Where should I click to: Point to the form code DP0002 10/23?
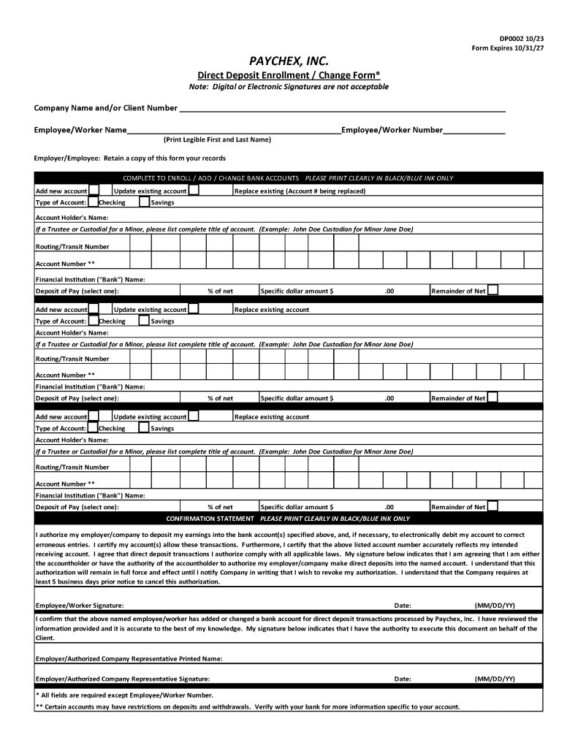(522, 39)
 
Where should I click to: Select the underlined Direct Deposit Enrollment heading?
(289, 75)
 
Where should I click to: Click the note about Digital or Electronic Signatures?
(289, 87)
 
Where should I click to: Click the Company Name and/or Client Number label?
(105, 108)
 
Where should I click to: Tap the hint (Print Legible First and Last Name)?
(217, 140)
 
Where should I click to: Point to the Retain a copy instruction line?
(130, 158)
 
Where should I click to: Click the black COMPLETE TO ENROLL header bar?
(288, 178)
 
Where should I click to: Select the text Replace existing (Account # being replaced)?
(300, 191)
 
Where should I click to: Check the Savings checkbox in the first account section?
(144, 202)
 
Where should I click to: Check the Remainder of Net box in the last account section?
(493, 506)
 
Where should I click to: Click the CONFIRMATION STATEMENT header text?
(210, 519)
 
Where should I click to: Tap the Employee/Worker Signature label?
(80, 606)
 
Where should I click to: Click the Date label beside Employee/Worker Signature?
(403, 606)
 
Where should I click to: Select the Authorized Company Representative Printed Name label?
(129, 658)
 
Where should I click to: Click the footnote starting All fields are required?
(125, 695)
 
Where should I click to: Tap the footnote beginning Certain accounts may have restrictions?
(248, 707)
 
